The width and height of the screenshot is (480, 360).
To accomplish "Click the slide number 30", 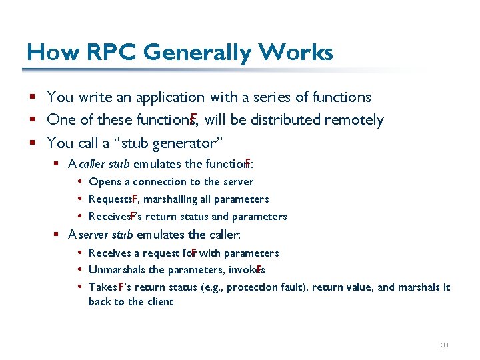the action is [x=445, y=345].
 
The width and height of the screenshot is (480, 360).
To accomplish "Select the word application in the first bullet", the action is [x=170, y=97].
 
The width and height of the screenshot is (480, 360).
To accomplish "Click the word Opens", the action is [x=105, y=181].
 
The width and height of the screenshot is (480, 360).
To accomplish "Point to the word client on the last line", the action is [x=160, y=301].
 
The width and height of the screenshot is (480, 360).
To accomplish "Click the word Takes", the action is [x=103, y=287].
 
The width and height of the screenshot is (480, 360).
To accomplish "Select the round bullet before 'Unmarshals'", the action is [x=79, y=270].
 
